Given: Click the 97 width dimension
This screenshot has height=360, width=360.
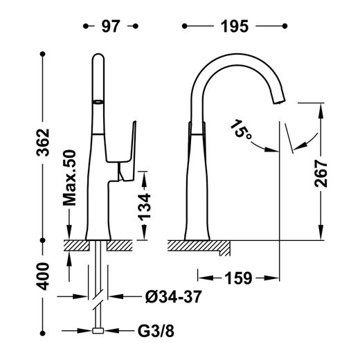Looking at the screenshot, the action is (x=111, y=26).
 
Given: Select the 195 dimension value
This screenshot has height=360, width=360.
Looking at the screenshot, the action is (x=235, y=26).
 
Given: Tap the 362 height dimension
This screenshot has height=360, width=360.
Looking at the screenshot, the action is (x=43, y=143).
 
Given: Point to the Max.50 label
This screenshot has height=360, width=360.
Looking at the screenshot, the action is (x=69, y=178).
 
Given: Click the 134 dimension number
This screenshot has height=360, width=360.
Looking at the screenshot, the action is (x=144, y=206).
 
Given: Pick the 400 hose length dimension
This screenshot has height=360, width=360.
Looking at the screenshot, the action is (x=43, y=276).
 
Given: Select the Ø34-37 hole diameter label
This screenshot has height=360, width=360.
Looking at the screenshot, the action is (x=174, y=296).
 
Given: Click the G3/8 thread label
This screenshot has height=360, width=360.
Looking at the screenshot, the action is (x=156, y=331).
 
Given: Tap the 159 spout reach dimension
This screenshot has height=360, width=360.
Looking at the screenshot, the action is (x=238, y=278).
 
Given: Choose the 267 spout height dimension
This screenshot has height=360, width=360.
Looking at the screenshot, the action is (x=321, y=174).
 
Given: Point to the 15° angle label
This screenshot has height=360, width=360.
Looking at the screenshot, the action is (x=242, y=129).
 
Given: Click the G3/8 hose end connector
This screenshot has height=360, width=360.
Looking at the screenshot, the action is (x=98, y=331).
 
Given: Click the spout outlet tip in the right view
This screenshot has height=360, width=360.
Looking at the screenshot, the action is (x=279, y=102).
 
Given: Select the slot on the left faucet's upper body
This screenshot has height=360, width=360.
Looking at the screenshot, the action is (x=98, y=102).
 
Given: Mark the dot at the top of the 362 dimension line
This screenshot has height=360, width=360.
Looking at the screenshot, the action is (x=43, y=54).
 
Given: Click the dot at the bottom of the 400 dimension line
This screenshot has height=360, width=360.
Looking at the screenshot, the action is (x=43, y=333).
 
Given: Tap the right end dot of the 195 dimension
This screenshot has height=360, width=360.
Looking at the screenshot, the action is (x=285, y=26).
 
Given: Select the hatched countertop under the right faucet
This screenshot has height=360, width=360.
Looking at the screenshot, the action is (x=199, y=246).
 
